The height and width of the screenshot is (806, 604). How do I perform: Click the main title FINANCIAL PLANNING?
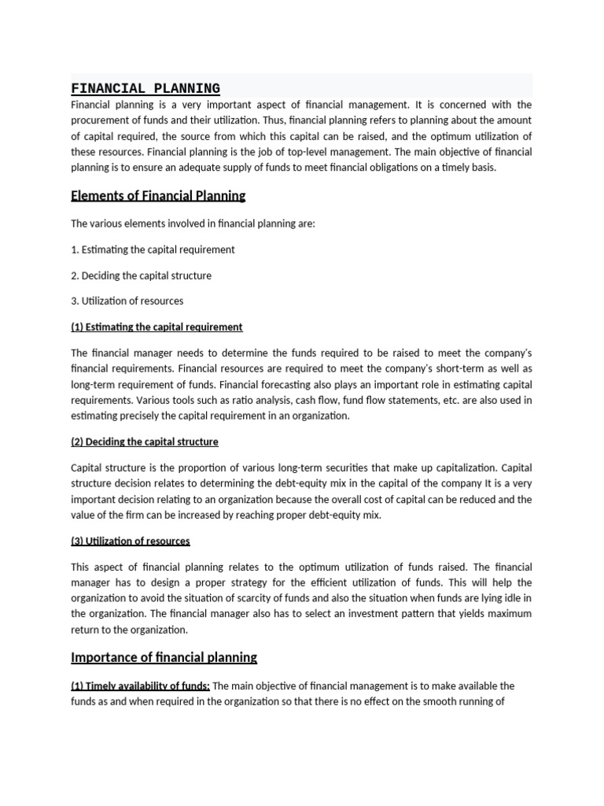(145, 88)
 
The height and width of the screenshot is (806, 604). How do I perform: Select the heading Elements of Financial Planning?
(158, 196)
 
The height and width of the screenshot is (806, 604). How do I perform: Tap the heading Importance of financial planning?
(164, 656)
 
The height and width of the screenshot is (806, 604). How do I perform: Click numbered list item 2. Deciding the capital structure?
(141, 275)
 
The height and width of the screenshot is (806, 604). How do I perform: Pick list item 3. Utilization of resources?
(127, 301)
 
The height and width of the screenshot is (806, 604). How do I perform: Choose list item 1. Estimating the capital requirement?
(153, 250)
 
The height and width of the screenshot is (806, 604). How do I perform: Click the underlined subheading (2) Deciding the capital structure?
(144, 442)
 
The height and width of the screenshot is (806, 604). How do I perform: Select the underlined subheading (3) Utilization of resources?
(130, 541)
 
